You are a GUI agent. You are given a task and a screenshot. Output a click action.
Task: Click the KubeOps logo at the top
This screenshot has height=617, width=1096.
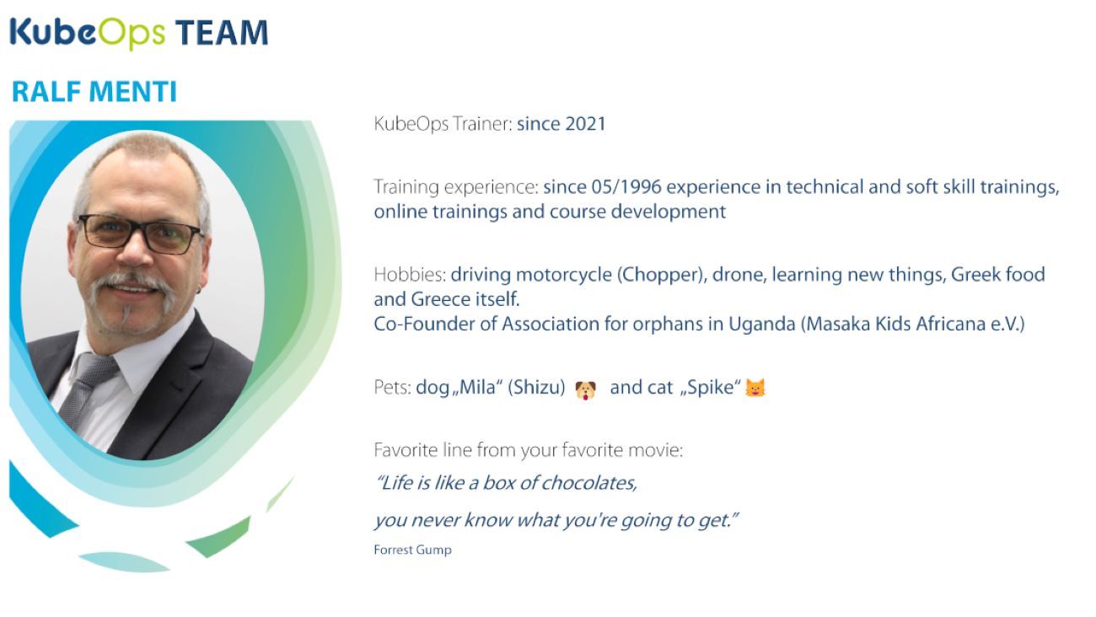point(88,33)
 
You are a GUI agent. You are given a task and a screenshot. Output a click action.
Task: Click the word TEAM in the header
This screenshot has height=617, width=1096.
point(222,33)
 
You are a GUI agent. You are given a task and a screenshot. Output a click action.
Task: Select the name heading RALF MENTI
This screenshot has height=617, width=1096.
point(94,92)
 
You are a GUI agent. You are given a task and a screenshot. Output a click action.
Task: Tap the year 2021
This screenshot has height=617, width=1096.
point(585,124)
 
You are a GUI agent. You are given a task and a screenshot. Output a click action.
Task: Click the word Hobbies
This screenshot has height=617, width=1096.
point(410,275)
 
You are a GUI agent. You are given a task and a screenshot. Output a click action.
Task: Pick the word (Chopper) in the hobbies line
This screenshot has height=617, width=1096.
point(662,275)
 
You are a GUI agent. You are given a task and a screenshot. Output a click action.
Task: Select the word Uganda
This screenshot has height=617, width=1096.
point(762,325)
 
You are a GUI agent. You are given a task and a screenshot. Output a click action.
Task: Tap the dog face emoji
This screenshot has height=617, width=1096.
point(585,390)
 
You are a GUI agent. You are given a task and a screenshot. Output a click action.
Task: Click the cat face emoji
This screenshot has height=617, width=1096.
point(755,388)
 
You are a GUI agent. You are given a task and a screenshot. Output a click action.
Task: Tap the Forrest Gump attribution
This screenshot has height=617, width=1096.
point(412,550)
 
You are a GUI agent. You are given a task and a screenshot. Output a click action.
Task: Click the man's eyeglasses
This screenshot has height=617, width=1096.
point(140,233)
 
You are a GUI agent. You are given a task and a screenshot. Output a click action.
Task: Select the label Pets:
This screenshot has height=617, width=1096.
point(392,387)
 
